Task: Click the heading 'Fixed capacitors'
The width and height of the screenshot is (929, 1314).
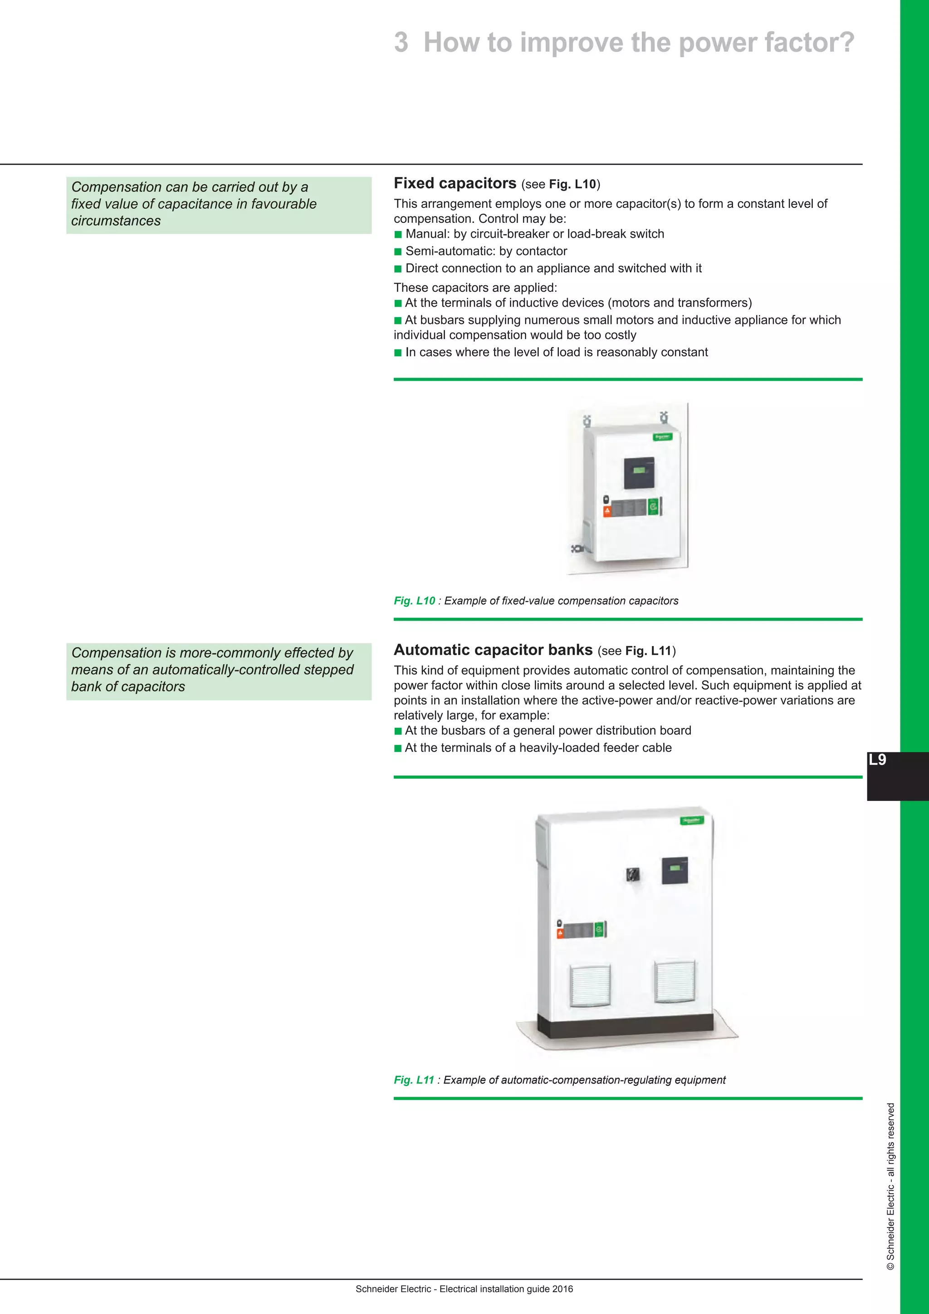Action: [455, 184]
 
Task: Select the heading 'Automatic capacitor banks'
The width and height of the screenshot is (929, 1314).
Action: [493, 650]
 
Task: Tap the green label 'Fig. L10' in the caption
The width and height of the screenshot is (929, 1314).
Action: [414, 601]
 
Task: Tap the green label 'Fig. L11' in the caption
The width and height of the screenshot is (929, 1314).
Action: [414, 1080]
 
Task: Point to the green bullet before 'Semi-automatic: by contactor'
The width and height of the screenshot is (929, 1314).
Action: [398, 252]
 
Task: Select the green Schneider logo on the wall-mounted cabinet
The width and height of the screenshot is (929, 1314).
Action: [662, 437]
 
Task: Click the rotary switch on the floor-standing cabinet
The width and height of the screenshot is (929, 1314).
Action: [632, 874]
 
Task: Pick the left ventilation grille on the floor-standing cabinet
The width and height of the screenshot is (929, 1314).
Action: [590, 985]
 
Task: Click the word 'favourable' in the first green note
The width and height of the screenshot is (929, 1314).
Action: [283, 204]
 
